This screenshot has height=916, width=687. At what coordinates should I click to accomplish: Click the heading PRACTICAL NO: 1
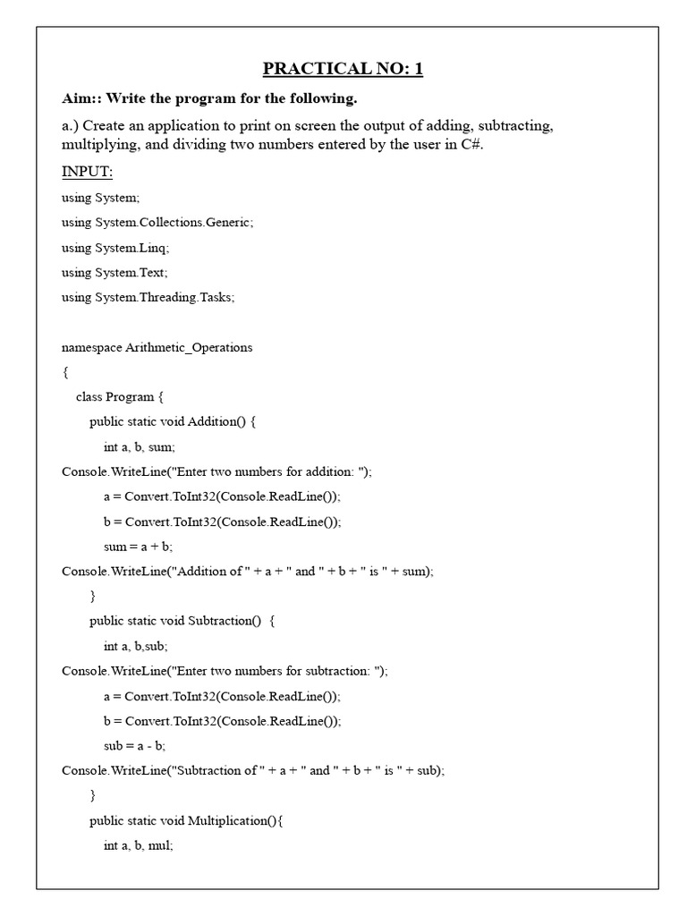click(343, 70)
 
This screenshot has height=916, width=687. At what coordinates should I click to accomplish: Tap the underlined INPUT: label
click(87, 171)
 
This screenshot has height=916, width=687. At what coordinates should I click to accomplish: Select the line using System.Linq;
click(115, 248)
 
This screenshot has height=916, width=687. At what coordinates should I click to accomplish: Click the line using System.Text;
click(114, 272)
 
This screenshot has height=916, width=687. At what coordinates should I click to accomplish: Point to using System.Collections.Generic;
click(157, 223)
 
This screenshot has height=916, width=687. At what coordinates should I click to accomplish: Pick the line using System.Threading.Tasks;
click(148, 297)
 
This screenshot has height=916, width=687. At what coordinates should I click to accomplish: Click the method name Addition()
click(223, 421)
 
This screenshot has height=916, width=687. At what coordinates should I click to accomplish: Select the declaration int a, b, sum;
click(140, 446)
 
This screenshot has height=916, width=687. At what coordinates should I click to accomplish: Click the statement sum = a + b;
click(138, 546)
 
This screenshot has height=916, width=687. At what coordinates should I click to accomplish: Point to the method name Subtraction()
click(229, 621)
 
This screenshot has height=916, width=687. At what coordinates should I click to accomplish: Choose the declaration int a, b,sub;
click(136, 646)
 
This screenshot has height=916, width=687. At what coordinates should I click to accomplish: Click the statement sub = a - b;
click(135, 745)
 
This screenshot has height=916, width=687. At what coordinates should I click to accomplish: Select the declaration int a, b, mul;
click(139, 845)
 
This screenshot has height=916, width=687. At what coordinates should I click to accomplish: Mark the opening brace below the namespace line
click(64, 372)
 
